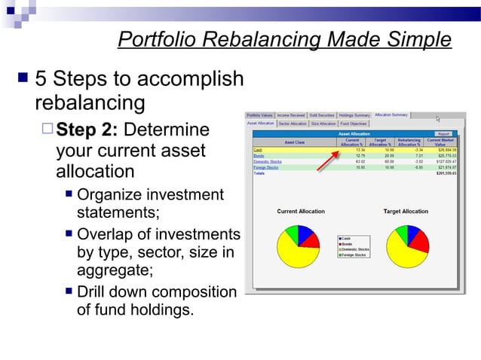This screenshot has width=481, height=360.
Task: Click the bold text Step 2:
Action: pyautogui.click(x=87, y=130)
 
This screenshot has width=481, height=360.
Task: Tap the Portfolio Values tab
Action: pyautogui.click(x=260, y=115)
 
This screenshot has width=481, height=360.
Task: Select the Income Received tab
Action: pyautogui.click(x=291, y=115)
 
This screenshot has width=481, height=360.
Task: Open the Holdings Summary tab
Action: pyautogui.click(x=354, y=115)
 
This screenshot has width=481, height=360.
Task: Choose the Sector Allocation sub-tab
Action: pyautogui.click(x=293, y=124)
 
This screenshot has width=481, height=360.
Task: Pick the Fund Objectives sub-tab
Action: pyautogui.click(x=354, y=124)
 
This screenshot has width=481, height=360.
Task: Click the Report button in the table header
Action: pyautogui.click(x=443, y=134)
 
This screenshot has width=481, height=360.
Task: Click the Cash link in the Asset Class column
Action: pyautogui.click(x=257, y=150)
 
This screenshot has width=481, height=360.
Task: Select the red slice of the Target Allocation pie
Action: pyautogui.click(x=421, y=242)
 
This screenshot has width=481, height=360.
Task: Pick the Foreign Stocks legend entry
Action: pyautogui.click(x=354, y=255)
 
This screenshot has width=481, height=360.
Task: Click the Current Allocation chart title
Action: pyautogui.click(x=301, y=212)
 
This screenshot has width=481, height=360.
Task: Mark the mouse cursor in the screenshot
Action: pyautogui.click(x=437, y=118)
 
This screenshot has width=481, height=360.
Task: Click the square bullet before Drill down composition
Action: pyautogui.click(x=69, y=291)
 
